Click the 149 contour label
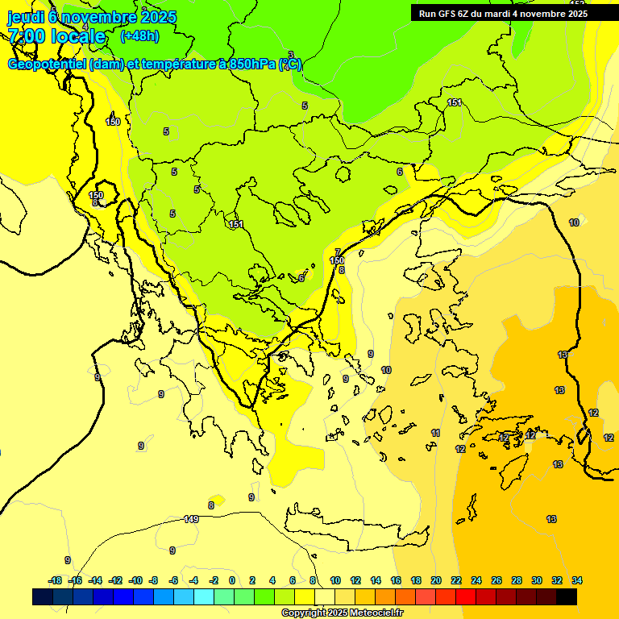191,519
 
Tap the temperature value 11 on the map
435,434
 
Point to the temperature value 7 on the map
338,252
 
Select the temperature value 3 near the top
291,55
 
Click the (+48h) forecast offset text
139,35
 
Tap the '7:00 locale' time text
56,35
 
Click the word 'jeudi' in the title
25,16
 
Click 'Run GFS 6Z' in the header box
446,13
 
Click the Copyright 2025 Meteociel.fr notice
342,613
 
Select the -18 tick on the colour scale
55,580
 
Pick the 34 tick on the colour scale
577,580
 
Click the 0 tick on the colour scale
232,580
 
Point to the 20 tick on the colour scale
436,580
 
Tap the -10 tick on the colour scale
135,580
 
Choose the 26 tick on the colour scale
496,580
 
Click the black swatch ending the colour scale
567,596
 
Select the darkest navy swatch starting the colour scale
43,596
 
